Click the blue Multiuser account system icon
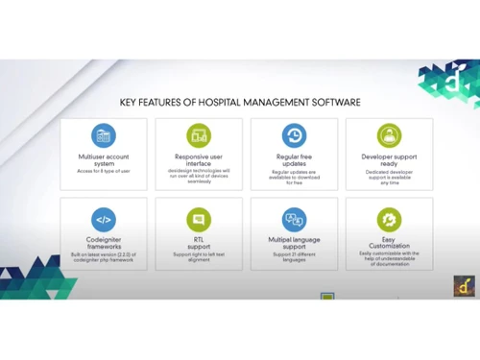(x=103, y=135)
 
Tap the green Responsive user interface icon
(x=199, y=135)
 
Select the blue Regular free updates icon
(x=294, y=135)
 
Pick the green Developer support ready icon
(x=389, y=135)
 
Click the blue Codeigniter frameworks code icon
(x=103, y=219)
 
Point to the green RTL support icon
(x=199, y=219)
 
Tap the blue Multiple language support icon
(x=294, y=219)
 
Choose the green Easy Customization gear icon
(x=389, y=219)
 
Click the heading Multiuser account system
(x=103, y=159)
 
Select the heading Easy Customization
(x=389, y=243)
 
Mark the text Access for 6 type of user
(x=103, y=172)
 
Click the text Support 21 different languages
(x=294, y=254)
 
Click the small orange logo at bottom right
(x=464, y=285)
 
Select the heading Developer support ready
(x=389, y=159)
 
